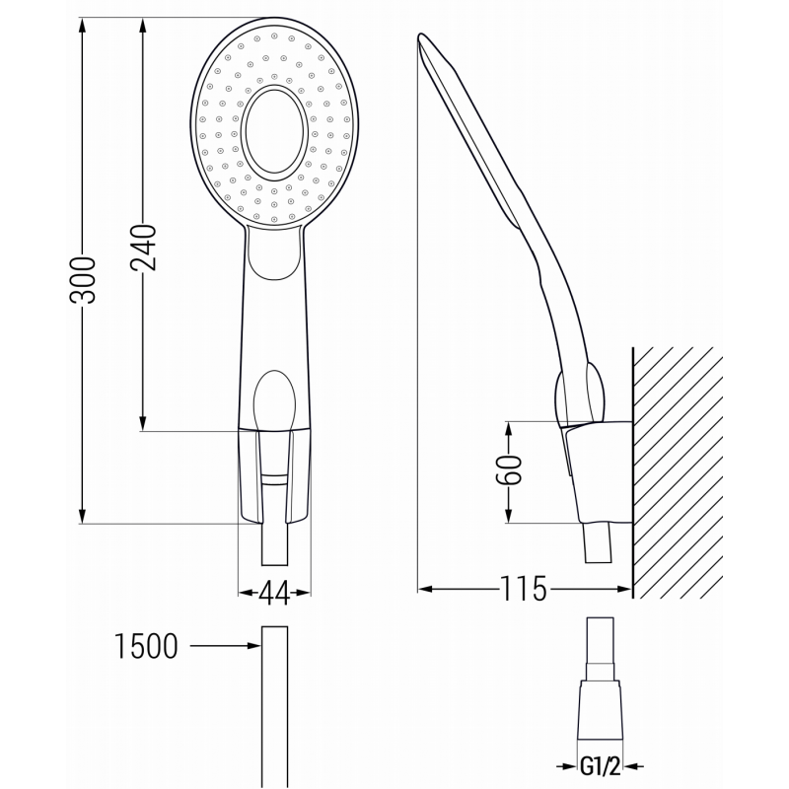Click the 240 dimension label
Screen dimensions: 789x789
click(x=144, y=247)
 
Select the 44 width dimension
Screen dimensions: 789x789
click(x=274, y=593)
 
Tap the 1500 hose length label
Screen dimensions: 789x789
click(x=146, y=647)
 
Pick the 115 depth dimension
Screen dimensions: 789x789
click(x=523, y=590)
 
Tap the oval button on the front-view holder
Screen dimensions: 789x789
click(x=275, y=398)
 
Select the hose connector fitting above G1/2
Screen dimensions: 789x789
click(x=601, y=681)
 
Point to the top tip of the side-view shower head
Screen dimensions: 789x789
click(x=422, y=39)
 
